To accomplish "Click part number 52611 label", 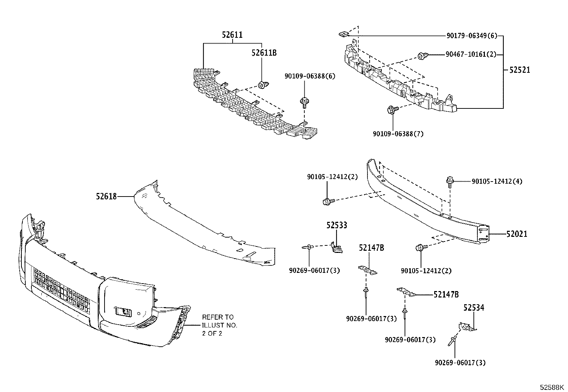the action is (232, 35).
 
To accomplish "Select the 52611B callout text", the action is (264, 53).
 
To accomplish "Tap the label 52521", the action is (520, 70).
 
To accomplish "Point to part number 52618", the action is (106, 196).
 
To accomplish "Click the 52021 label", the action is (517, 234).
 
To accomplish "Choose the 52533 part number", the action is (337, 225).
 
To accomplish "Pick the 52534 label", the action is (474, 307).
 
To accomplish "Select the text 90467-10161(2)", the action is (471, 54).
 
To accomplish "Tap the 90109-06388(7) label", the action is (398, 134).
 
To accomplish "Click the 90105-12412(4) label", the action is (497, 182).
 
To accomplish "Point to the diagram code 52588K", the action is (552, 387).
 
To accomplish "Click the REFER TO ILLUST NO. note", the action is (219, 325).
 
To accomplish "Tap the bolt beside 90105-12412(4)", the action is (450, 182).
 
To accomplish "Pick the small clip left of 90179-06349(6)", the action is (343, 34).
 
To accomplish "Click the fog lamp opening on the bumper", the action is (124, 312).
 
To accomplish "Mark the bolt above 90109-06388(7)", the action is (392, 110).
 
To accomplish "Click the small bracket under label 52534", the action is (467, 327).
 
